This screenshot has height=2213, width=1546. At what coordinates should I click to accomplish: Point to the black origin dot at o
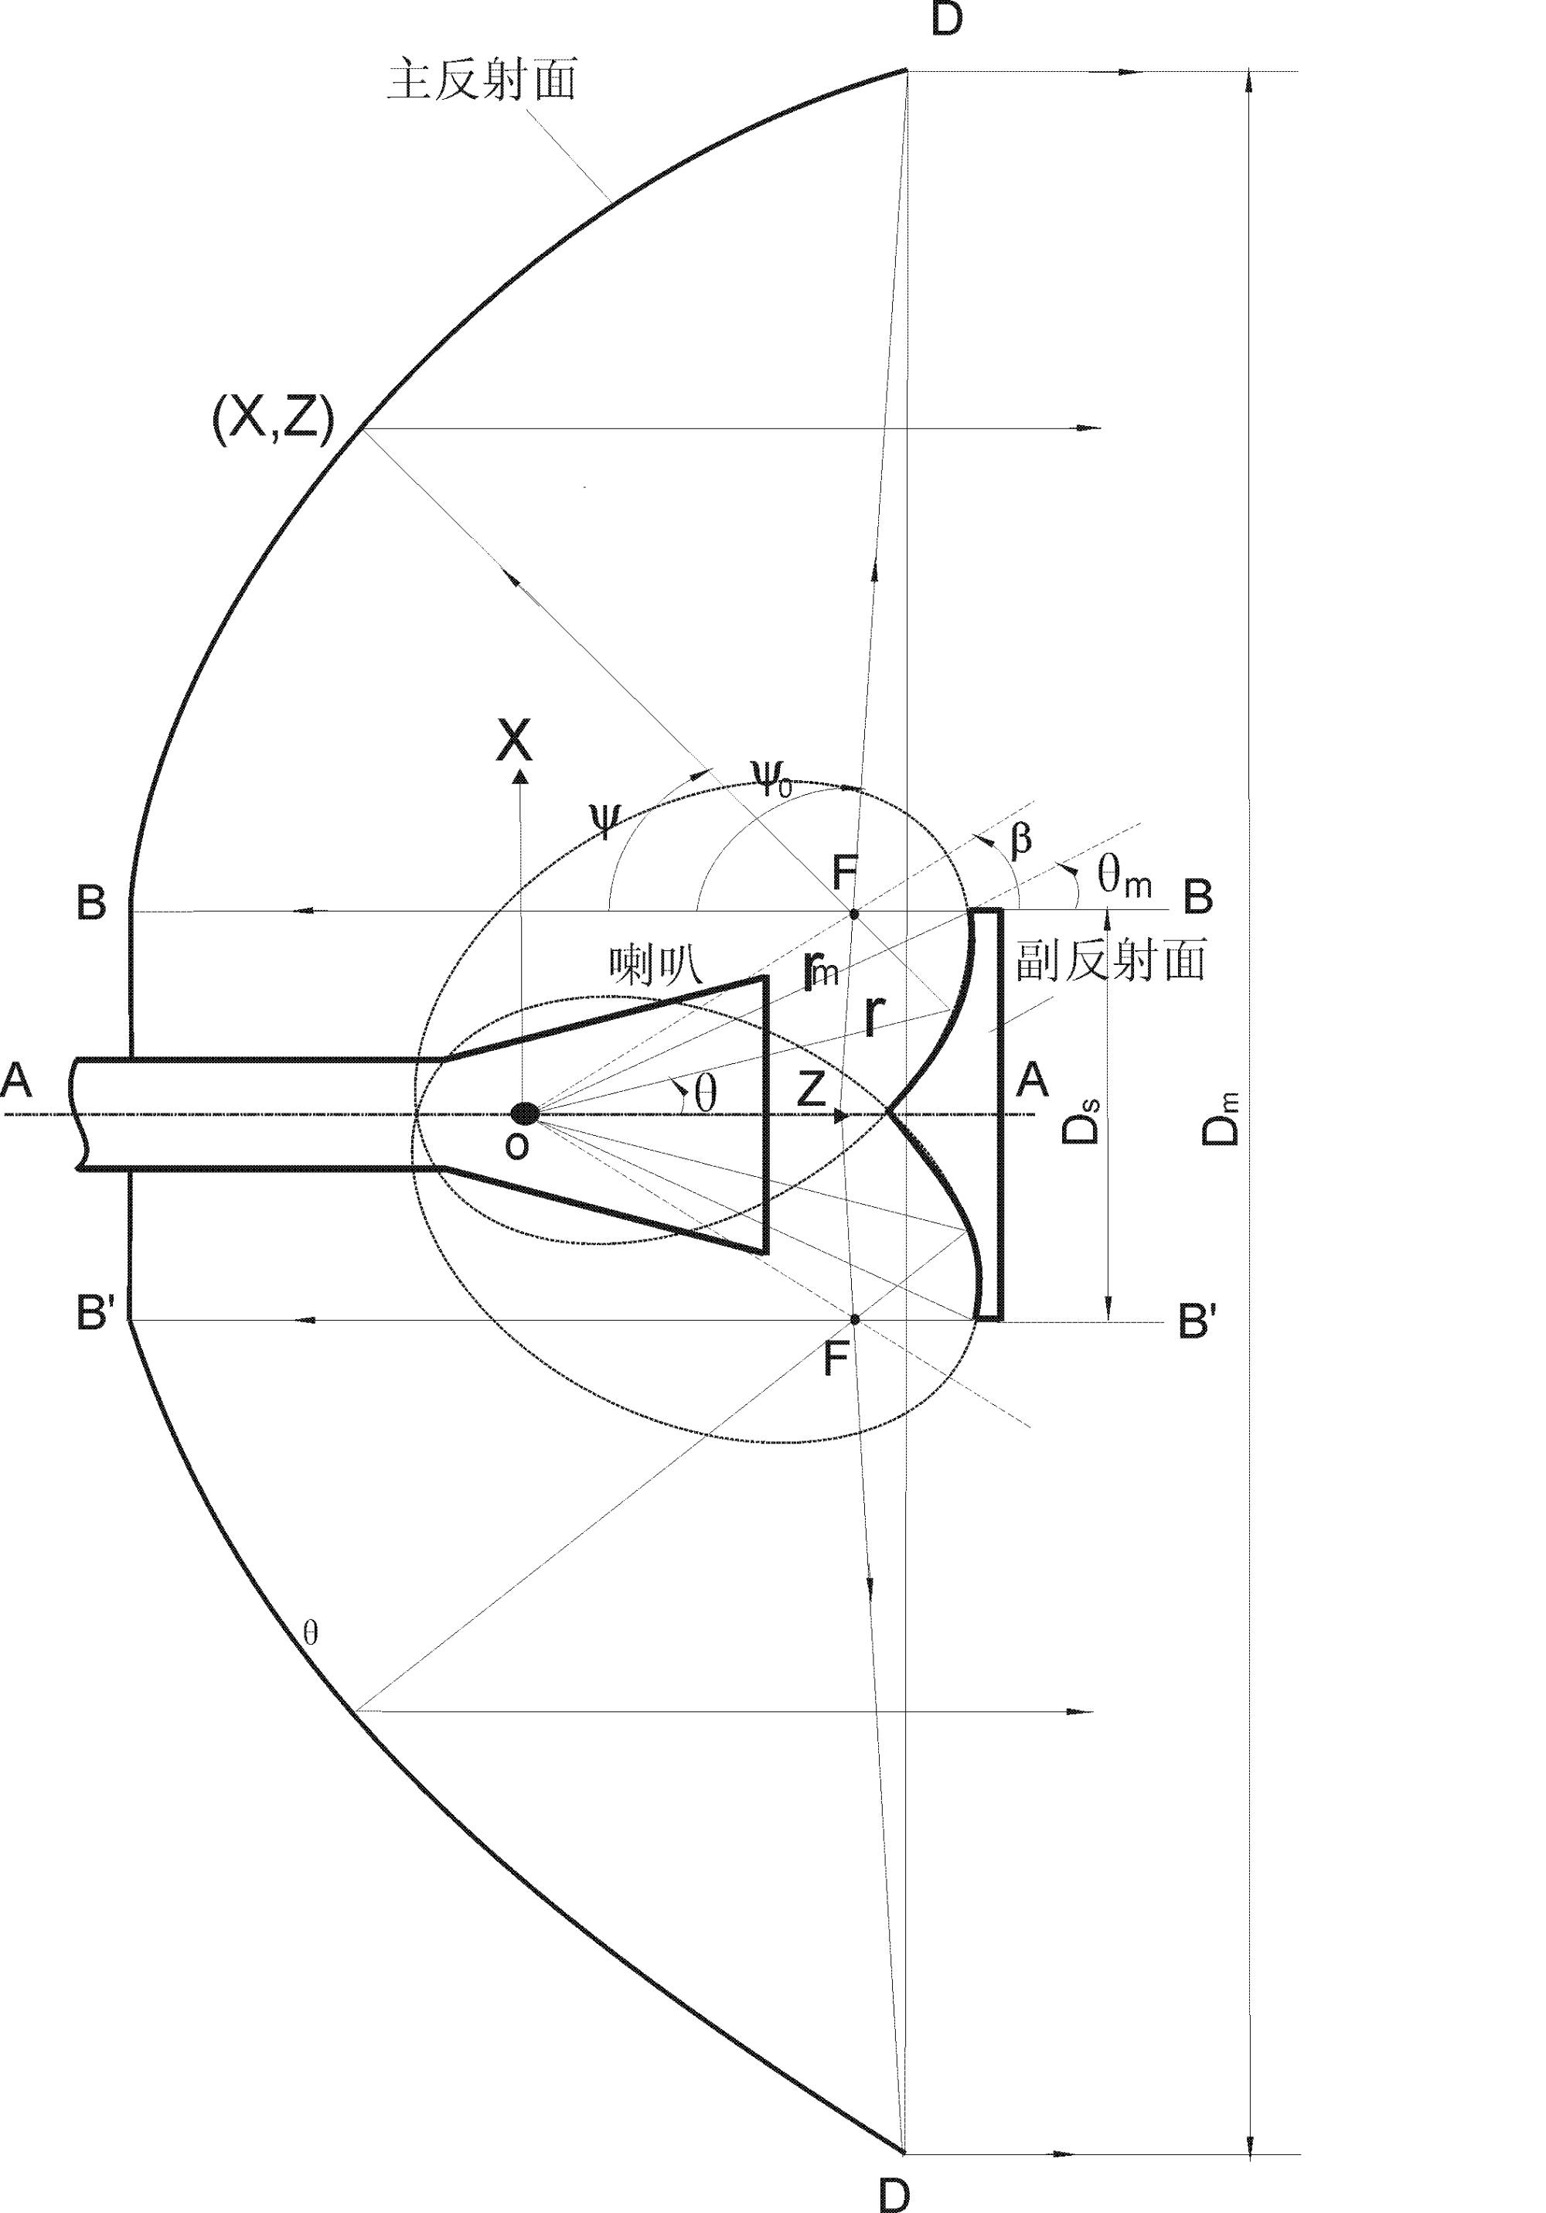524,1114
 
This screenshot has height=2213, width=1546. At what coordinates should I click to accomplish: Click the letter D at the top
948,19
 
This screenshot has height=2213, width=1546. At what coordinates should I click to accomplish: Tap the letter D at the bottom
894,2194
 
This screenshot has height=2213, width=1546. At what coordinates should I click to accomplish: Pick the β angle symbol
1020,838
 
